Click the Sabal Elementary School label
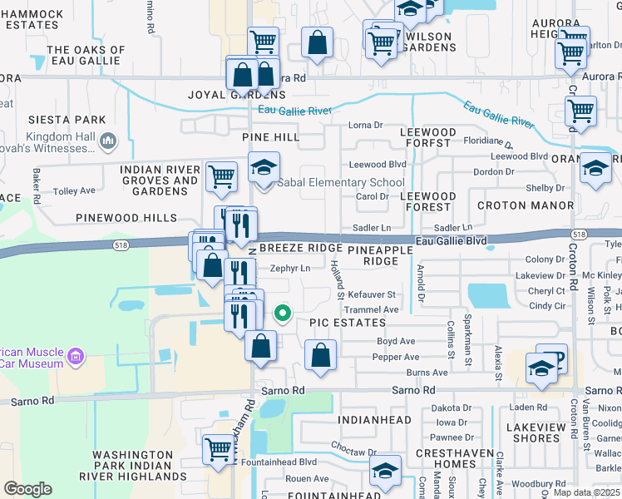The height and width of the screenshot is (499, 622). point(340,183)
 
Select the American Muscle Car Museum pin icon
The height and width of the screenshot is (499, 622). point(76,358)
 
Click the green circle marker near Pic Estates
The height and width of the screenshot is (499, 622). point(283,314)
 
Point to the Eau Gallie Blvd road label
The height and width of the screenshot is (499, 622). point(451,240)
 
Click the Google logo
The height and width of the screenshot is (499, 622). point(27,488)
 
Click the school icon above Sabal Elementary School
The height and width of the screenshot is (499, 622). point(264,168)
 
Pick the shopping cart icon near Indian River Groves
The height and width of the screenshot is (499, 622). point(222,176)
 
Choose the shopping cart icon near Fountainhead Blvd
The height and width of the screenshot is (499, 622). point(219,450)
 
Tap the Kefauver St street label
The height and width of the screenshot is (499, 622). point(371,294)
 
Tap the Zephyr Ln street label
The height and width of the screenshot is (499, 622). point(290,269)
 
